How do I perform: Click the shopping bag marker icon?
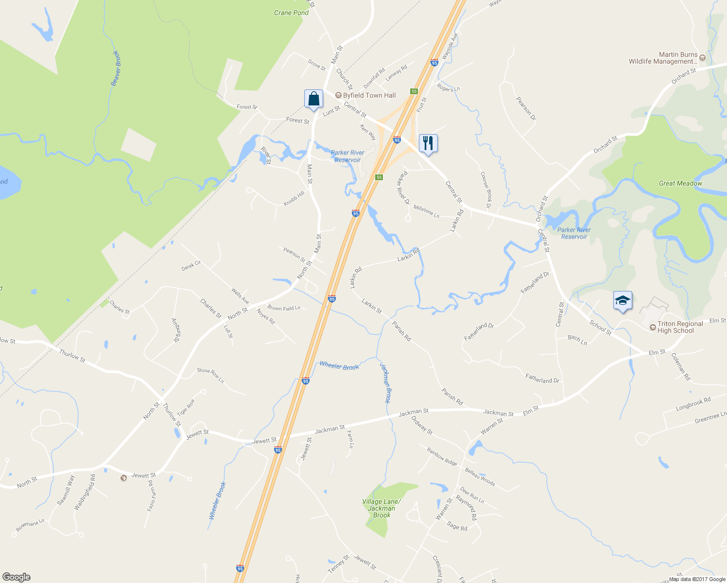(x=313, y=99)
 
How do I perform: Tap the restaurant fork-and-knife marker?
(x=428, y=143)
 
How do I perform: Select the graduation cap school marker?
(x=623, y=301)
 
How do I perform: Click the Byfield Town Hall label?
(x=369, y=95)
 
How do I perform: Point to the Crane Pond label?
(x=291, y=13)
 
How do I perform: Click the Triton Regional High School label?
(x=680, y=327)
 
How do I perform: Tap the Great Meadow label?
(x=680, y=183)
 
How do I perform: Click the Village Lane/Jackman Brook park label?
(x=381, y=508)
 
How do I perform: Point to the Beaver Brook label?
(x=116, y=68)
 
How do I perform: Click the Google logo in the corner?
(x=16, y=577)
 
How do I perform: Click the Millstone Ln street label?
(x=426, y=211)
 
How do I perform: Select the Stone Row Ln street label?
(x=210, y=376)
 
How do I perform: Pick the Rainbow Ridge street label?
(x=442, y=457)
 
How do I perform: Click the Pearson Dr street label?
(x=526, y=109)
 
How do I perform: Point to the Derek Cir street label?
(x=191, y=266)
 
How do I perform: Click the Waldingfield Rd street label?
(x=85, y=492)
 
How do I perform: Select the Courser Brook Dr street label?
(x=486, y=190)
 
